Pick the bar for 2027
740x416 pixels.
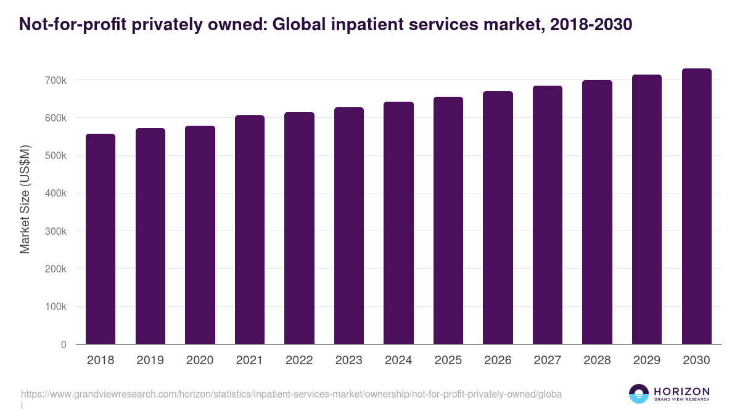(548, 215)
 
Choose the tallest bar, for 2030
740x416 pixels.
(696, 206)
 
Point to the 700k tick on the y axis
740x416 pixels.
(55, 80)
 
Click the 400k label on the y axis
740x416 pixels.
(55, 194)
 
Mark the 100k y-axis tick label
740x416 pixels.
(55, 307)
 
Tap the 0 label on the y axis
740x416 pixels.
(64, 345)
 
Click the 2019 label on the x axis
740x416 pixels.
(150, 361)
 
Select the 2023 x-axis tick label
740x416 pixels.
(348, 361)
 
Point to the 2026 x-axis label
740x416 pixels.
(498, 361)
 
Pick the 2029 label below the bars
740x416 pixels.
(646, 361)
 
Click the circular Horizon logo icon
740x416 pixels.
(639, 394)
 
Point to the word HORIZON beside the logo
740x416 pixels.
(681, 391)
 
